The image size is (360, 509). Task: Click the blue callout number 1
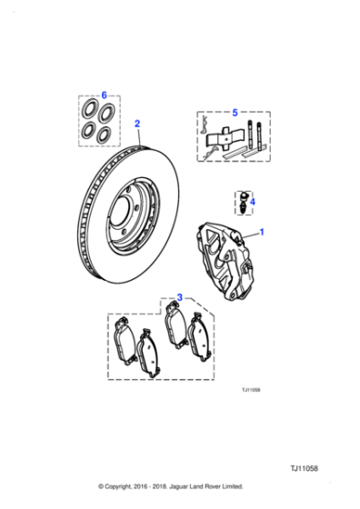coord(264,234)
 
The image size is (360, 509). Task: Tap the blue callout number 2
coord(137,123)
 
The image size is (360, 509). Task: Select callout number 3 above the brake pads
coord(179,296)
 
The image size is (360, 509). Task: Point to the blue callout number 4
coord(253,202)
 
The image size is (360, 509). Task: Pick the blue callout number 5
coord(234,113)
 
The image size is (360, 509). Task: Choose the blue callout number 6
coord(104,95)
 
